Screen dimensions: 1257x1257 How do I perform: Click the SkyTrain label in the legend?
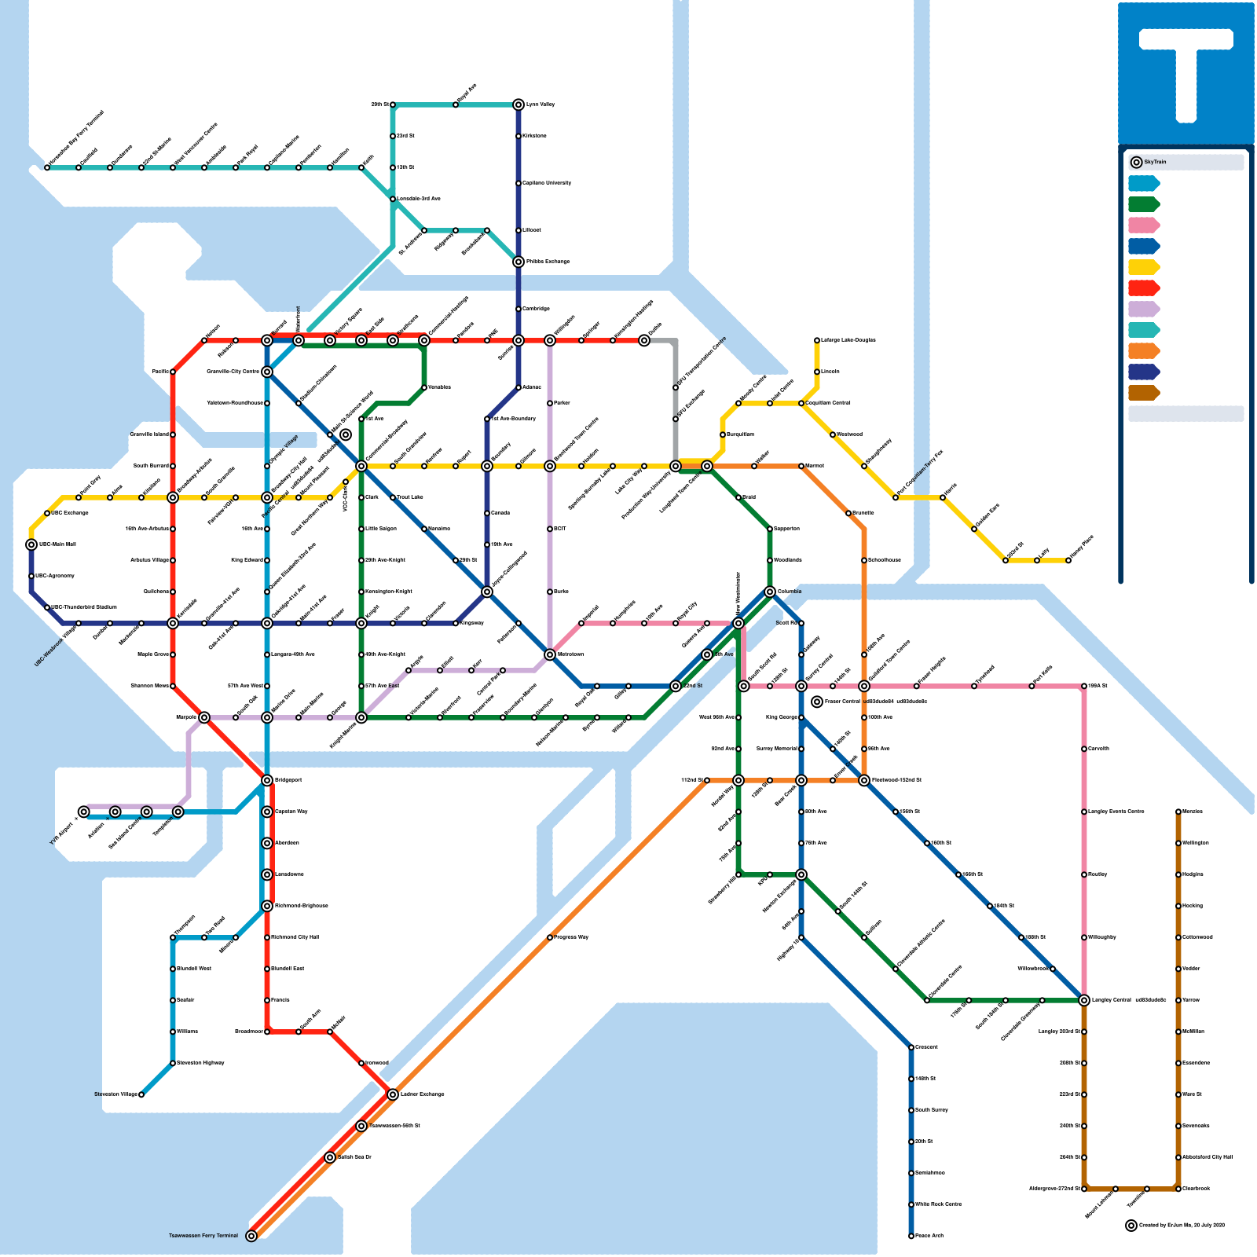[x=1155, y=162]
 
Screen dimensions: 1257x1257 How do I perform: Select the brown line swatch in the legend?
[x=1143, y=393]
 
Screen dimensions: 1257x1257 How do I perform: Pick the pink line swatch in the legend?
[x=1143, y=225]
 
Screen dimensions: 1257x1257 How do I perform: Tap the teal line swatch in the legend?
[x=1143, y=330]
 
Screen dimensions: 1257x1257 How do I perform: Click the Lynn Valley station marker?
[x=519, y=104]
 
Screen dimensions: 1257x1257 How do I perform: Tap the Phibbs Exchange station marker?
[x=519, y=262]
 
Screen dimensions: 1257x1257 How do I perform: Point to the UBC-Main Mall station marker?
[x=31, y=544]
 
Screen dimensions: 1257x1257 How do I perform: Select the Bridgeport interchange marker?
[x=267, y=780]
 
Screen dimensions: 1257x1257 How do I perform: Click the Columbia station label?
[x=790, y=592]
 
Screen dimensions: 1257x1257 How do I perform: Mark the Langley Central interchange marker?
[x=1084, y=1000]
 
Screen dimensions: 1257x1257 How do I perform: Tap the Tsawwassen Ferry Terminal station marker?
[x=251, y=1236]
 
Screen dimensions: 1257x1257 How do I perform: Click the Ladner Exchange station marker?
[x=393, y=1094]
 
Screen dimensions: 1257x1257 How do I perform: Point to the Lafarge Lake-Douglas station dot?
[x=817, y=340]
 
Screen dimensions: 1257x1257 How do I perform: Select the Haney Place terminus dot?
[x=1068, y=560]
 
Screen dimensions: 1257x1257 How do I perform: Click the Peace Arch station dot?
[x=911, y=1236]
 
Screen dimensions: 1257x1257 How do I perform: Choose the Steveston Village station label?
[x=115, y=1094]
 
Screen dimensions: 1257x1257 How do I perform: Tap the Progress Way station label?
[x=571, y=937]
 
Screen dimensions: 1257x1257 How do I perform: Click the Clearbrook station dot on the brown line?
[x=1178, y=1189]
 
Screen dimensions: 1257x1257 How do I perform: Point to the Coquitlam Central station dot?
[x=801, y=403]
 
